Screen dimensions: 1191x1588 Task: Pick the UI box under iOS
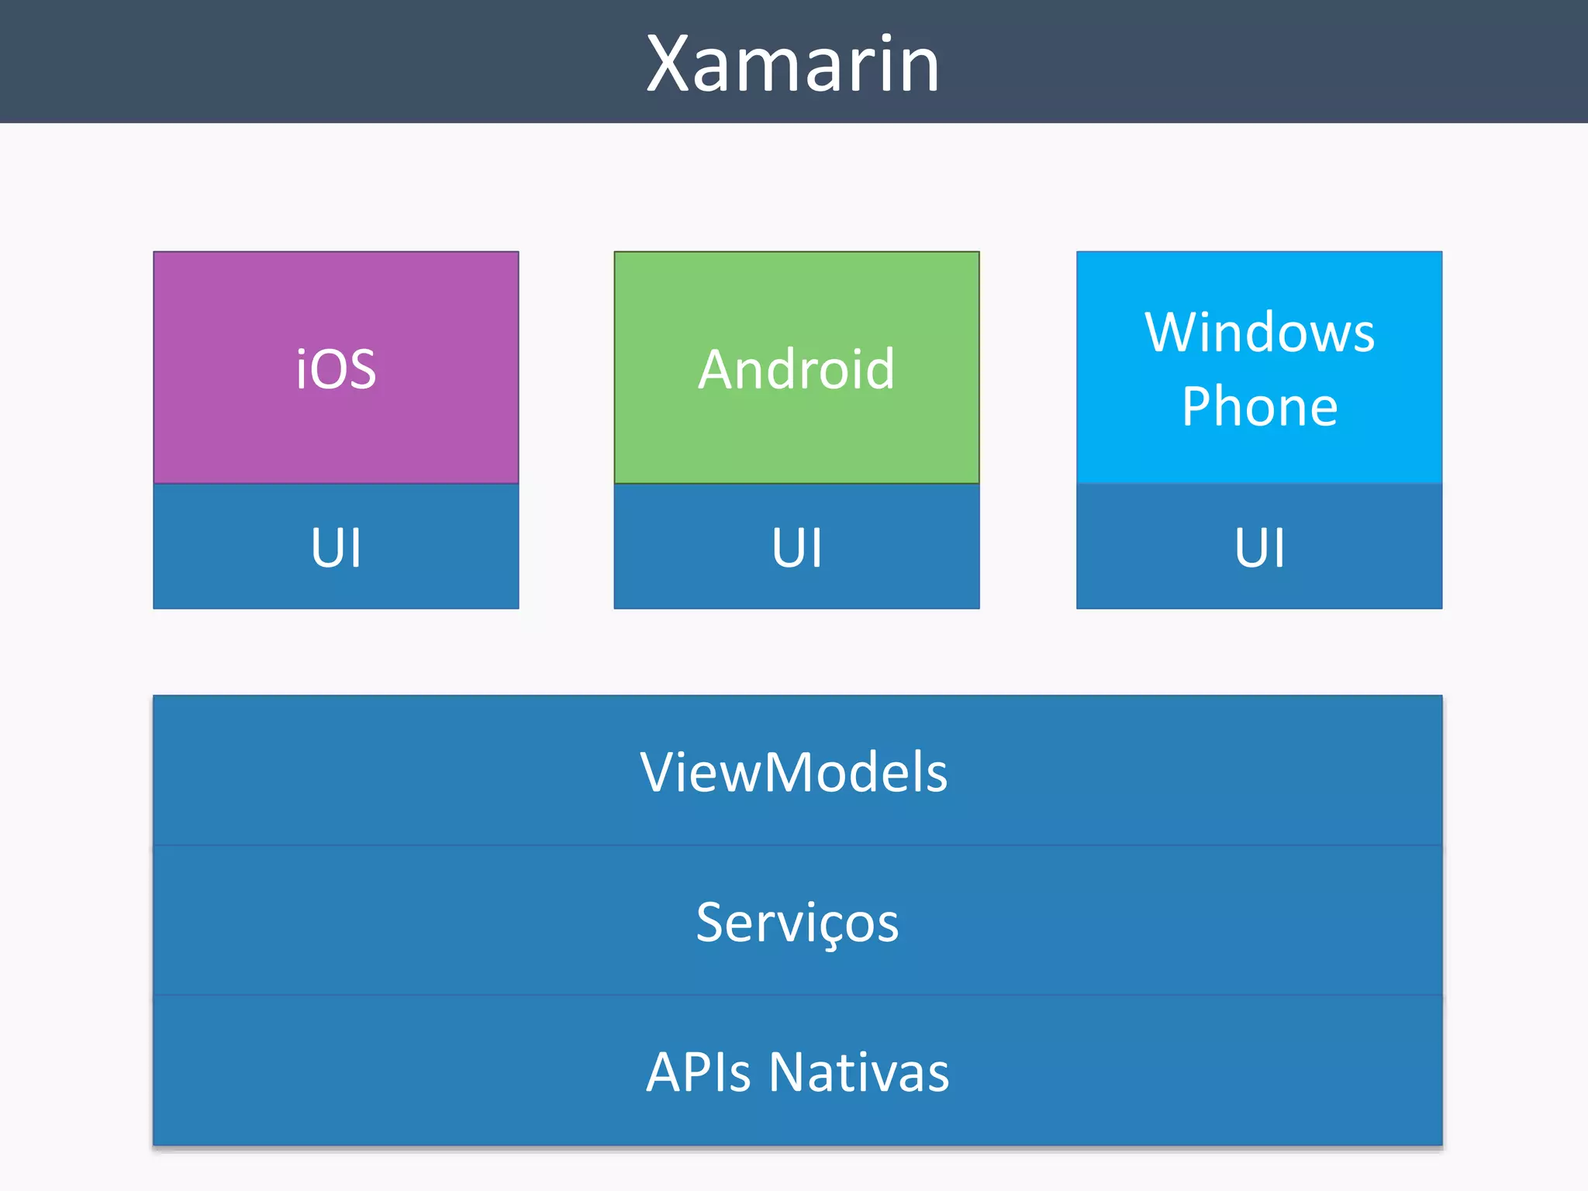pyautogui.click(x=336, y=547)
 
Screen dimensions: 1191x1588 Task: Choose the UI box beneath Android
pyautogui.click(x=796, y=547)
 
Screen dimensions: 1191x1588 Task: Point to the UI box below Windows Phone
pyautogui.click(x=1259, y=547)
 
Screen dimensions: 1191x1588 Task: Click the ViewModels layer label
pyautogui.click(x=794, y=772)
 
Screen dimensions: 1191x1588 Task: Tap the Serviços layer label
pyautogui.click(x=797, y=923)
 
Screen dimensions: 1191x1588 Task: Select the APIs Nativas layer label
pyautogui.click(x=797, y=1072)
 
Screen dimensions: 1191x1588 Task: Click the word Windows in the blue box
pyautogui.click(x=1259, y=332)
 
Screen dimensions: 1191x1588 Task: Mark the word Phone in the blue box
pyautogui.click(x=1259, y=406)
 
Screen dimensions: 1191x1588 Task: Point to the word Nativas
pyautogui.click(x=859, y=1072)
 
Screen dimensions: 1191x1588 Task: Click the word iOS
pyautogui.click(x=336, y=369)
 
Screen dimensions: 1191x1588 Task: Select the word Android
pyautogui.click(x=796, y=369)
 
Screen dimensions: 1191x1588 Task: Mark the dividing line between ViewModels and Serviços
pyautogui.click(x=797, y=845)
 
